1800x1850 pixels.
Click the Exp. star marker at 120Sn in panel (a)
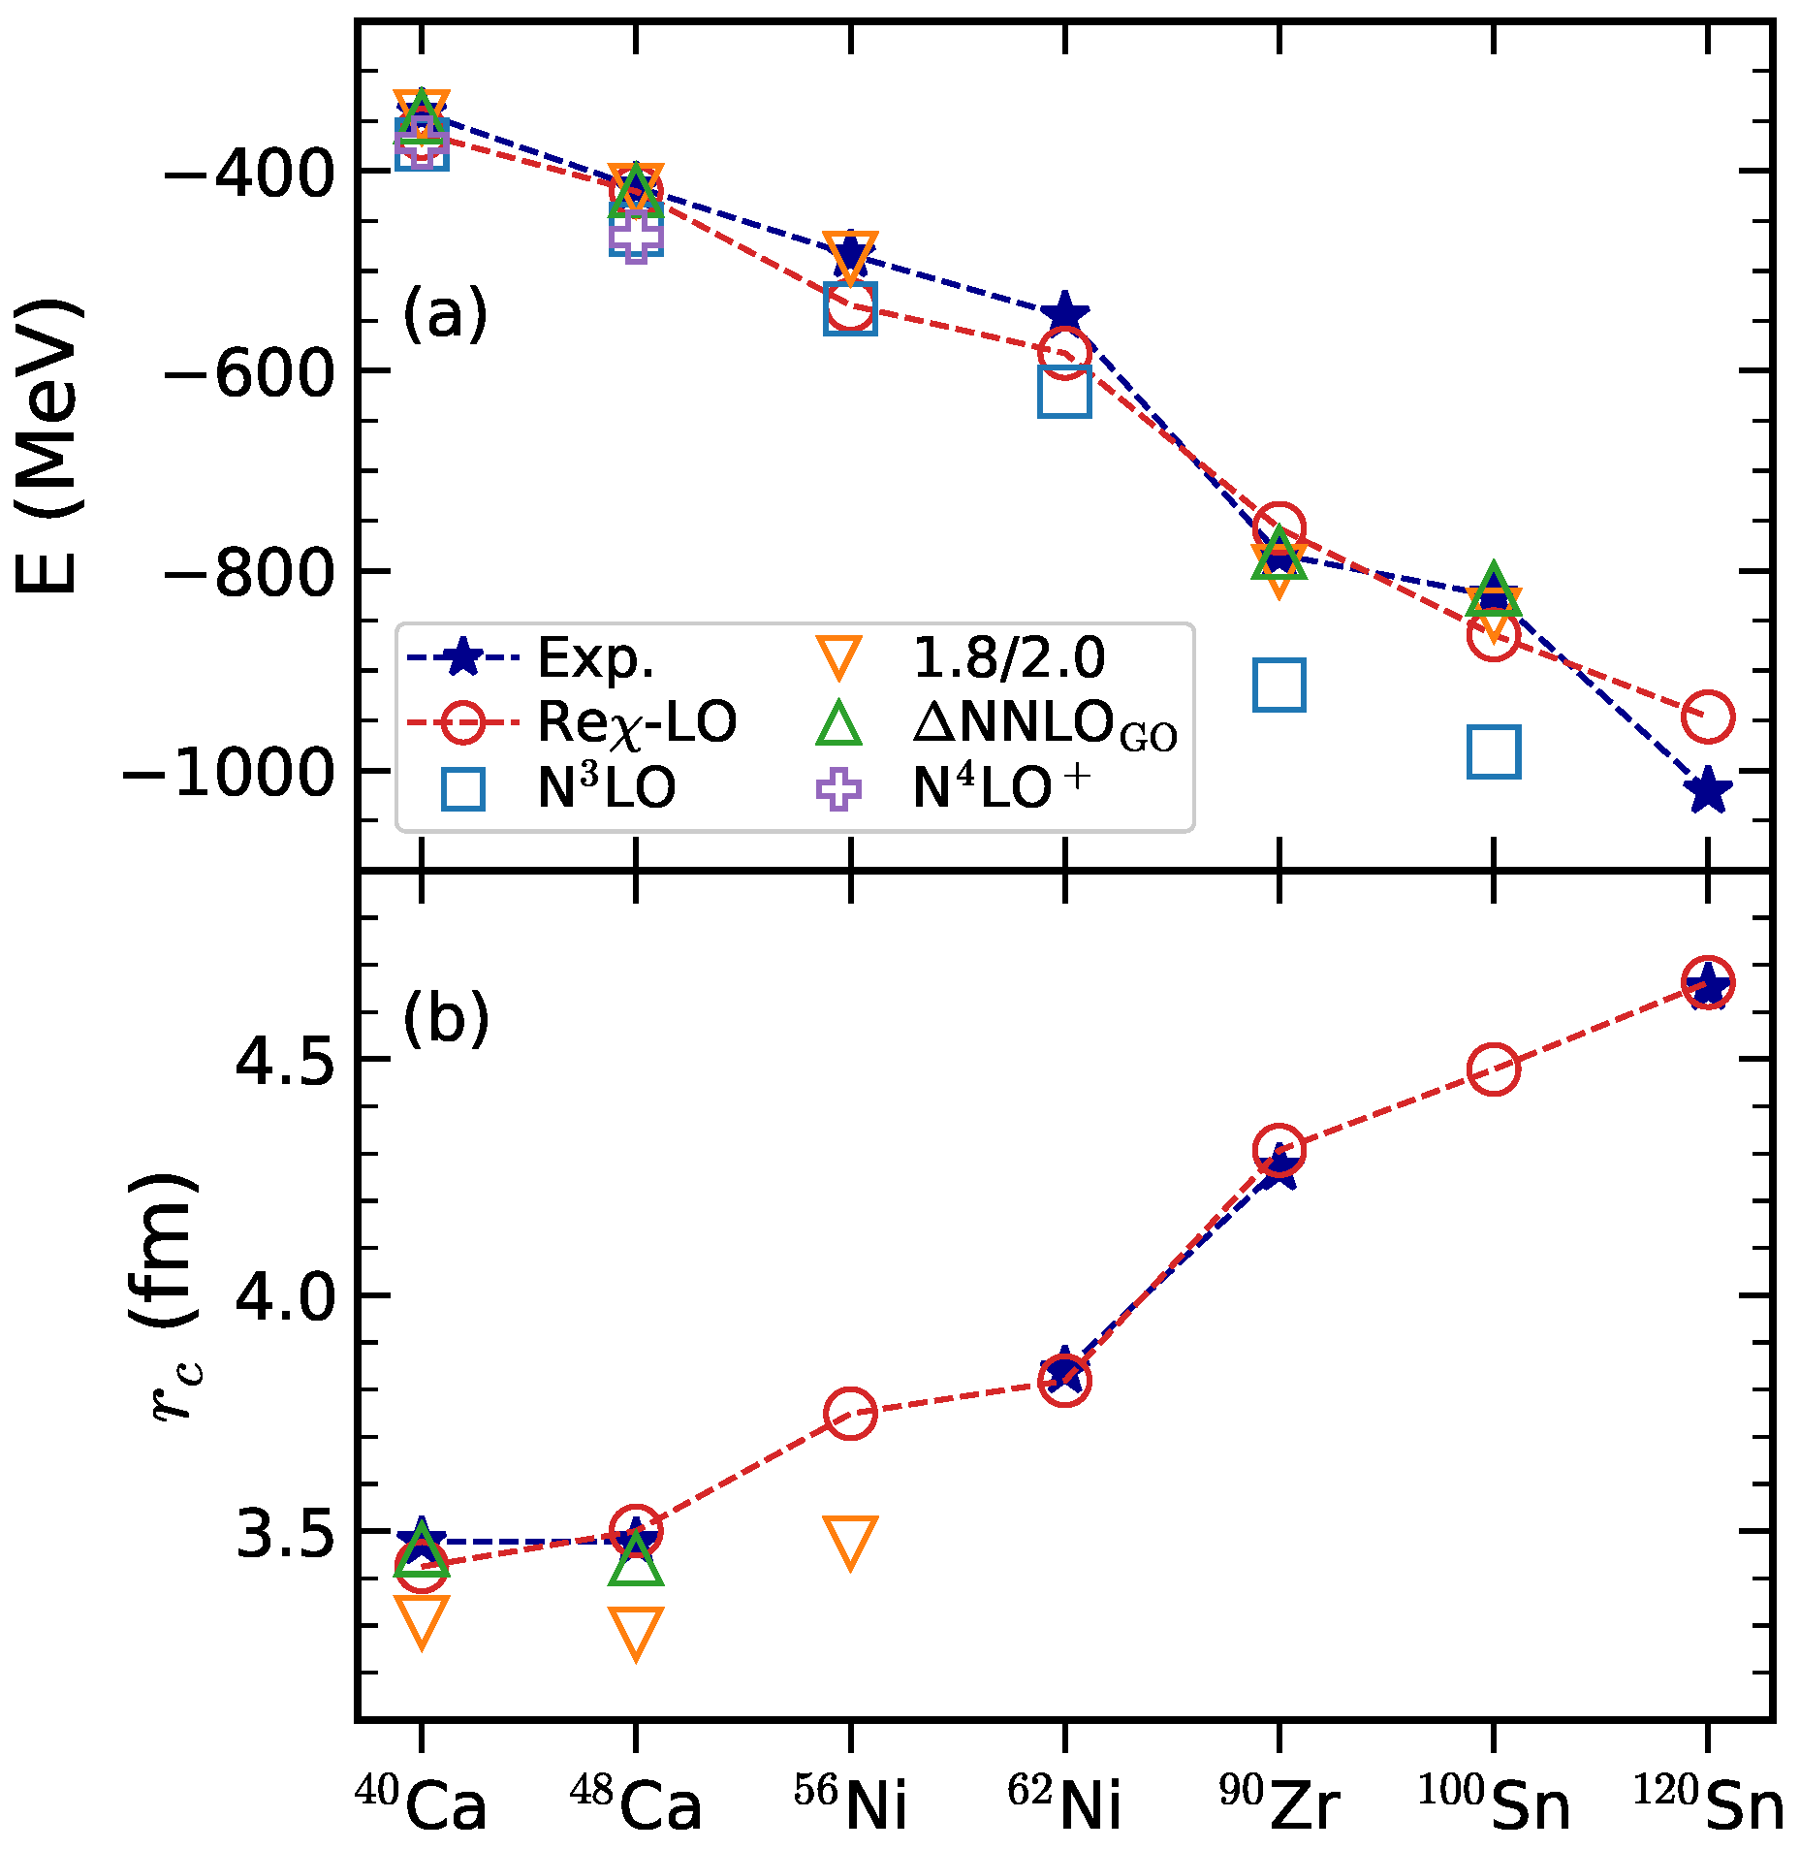[1708, 790]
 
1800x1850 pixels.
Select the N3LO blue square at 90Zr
[1279, 685]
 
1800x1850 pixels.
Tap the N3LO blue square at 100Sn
[1494, 751]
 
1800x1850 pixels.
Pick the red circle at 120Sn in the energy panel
[1708, 717]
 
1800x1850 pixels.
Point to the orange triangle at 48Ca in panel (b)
[636, 1633]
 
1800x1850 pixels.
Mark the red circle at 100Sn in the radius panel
[1494, 1069]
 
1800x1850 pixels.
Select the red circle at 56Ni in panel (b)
[850, 1413]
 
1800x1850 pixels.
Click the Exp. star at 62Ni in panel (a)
[1065, 313]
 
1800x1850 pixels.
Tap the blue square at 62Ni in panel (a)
[1064, 391]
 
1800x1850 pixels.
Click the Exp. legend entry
[530, 658]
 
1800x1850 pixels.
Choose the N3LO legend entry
[558, 788]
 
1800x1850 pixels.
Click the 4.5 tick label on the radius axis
[286, 1060]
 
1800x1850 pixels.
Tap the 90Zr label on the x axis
[1279, 1802]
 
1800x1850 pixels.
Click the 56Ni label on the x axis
[850, 1802]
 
